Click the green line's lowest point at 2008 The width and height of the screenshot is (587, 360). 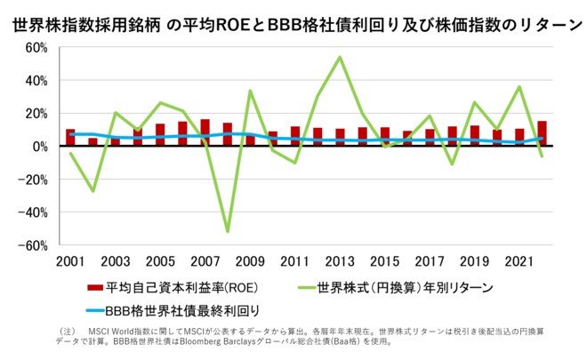coord(228,231)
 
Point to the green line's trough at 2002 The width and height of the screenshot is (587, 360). coord(92,191)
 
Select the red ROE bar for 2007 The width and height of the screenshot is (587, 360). coord(205,132)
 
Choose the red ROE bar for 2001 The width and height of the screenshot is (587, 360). coord(70,138)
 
